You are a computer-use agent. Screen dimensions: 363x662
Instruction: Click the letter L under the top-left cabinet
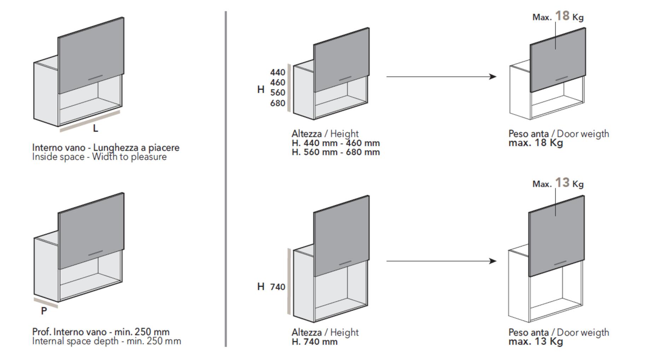(95, 129)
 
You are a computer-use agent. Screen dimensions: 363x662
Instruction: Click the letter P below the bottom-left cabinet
(44, 311)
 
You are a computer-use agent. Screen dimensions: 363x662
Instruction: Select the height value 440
(278, 72)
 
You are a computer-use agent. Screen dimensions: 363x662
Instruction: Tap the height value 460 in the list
(278, 83)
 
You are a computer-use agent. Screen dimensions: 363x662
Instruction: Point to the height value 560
(278, 92)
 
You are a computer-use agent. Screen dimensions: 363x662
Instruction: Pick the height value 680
(278, 103)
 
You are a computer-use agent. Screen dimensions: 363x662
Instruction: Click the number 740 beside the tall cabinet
(278, 287)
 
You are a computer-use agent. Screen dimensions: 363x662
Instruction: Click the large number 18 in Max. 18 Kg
(562, 16)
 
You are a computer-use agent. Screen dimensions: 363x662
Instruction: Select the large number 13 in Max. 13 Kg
(562, 183)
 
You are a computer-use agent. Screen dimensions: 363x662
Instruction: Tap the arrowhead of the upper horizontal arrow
(493, 76)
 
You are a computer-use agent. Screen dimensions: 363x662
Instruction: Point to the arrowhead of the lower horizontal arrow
(493, 261)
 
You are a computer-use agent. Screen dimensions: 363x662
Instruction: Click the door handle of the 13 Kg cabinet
(561, 263)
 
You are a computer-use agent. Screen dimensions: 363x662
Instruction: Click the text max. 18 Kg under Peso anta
(535, 143)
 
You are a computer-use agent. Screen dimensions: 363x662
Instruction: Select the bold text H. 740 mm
(314, 342)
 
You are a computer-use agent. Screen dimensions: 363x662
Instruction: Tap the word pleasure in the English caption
(149, 157)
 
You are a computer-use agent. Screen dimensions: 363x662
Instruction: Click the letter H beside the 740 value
(261, 287)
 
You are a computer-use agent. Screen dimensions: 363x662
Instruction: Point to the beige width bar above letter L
(90, 121)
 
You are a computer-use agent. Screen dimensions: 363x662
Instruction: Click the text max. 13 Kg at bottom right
(535, 342)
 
